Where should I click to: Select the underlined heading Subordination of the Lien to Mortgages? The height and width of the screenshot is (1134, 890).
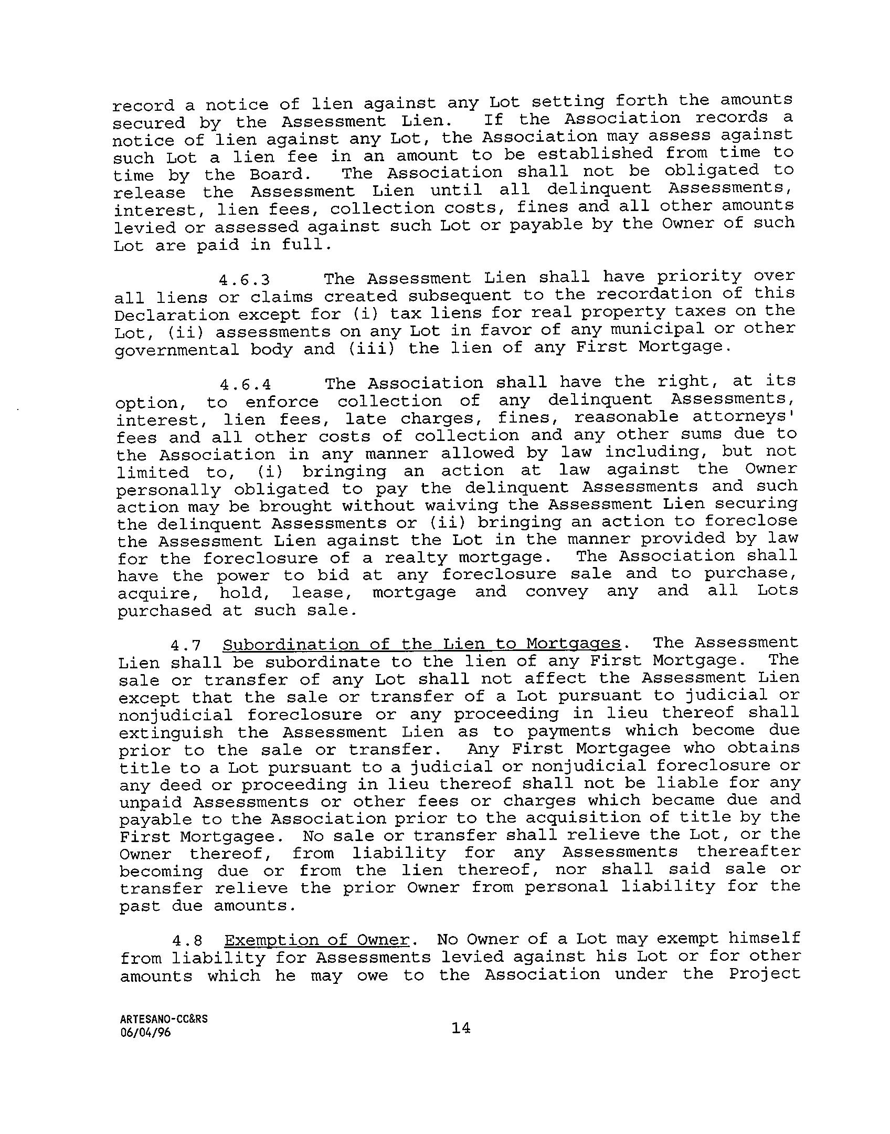[x=422, y=644]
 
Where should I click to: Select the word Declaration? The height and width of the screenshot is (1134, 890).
[x=172, y=315]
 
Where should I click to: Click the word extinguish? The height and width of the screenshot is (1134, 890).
[x=171, y=732]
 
